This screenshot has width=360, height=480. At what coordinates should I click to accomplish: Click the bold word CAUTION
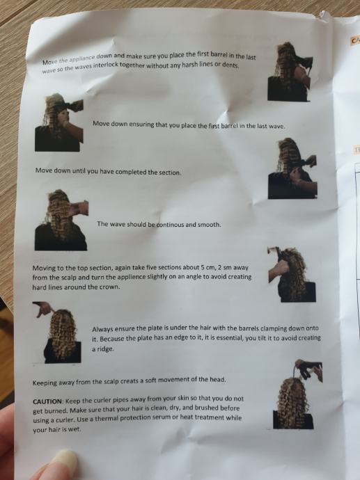47,401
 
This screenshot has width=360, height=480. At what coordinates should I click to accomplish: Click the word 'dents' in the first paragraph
231,65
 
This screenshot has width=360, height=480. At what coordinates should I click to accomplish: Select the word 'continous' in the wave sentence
171,225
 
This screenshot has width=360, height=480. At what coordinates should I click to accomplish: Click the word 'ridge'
106,349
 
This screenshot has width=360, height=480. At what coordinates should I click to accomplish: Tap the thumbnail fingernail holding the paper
64,460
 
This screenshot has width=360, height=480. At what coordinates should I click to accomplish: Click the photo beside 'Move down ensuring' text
59,122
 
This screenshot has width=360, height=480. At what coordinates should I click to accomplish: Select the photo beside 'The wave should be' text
61,220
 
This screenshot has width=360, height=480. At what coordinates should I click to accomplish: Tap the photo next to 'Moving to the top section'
292,274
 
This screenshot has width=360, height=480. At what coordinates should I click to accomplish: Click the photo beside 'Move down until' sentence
292,168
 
